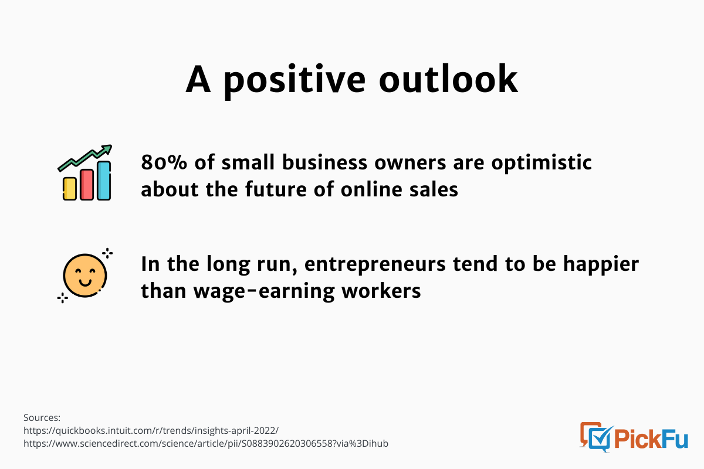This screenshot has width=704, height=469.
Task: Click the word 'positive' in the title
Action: click(x=295, y=80)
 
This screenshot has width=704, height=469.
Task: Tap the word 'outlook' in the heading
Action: click(x=448, y=79)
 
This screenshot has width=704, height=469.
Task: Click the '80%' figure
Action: click(x=164, y=162)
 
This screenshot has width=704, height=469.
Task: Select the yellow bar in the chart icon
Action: click(x=69, y=189)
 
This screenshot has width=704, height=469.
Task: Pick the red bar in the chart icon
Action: click(x=87, y=185)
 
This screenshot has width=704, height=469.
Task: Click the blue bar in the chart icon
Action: click(x=104, y=181)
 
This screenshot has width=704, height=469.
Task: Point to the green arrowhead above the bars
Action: click(x=107, y=149)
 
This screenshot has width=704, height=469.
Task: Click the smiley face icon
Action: click(x=85, y=276)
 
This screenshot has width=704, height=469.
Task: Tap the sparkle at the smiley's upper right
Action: click(x=107, y=253)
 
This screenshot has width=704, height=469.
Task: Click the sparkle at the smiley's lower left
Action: click(x=63, y=298)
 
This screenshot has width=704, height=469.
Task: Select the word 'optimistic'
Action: click(x=541, y=164)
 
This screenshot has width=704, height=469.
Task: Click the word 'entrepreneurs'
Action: click(x=375, y=264)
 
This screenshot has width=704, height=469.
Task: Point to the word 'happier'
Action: click(x=601, y=264)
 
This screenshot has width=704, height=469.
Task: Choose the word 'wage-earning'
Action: click(x=264, y=291)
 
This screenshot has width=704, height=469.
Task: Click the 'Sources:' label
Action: click(x=42, y=418)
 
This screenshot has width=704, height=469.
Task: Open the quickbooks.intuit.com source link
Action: click(x=151, y=431)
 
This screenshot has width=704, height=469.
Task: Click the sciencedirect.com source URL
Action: click(x=206, y=444)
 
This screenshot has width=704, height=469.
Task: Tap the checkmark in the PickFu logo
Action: click(x=603, y=437)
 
